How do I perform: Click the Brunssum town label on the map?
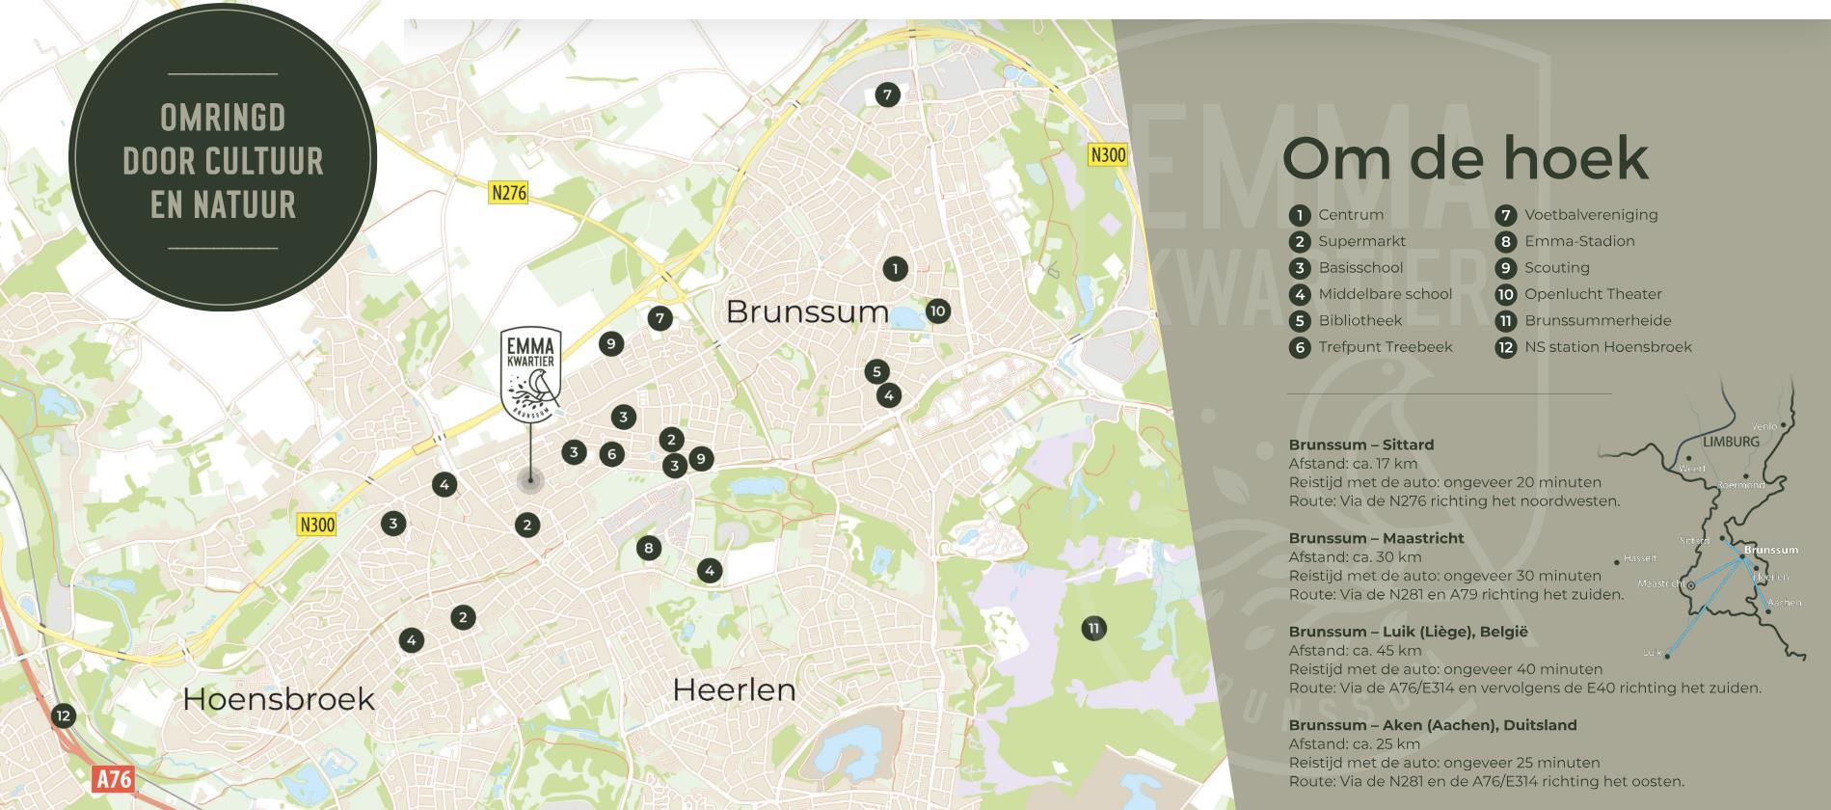point(807,311)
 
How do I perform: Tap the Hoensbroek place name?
point(278,698)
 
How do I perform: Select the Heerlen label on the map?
point(734,689)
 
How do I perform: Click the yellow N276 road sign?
point(509,192)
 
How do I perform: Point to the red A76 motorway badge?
point(113,778)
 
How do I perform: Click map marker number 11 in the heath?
point(1093,629)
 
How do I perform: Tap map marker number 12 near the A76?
point(63,715)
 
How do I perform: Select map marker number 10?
point(937,310)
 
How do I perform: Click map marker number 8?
point(648,549)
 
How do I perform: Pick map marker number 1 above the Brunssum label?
point(895,268)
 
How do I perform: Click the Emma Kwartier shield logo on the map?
point(530,375)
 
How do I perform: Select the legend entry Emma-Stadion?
point(1578,241)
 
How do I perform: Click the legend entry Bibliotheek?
point(1360,320)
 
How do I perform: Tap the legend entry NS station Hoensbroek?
point(1607,347)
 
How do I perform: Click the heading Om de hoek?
point(1465,158)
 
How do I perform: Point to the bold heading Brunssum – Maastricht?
point(1376,538)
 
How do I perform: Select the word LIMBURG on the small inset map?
point(1731,442)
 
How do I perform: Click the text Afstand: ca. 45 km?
point(1355,650)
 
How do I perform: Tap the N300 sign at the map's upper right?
point(1107,154)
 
